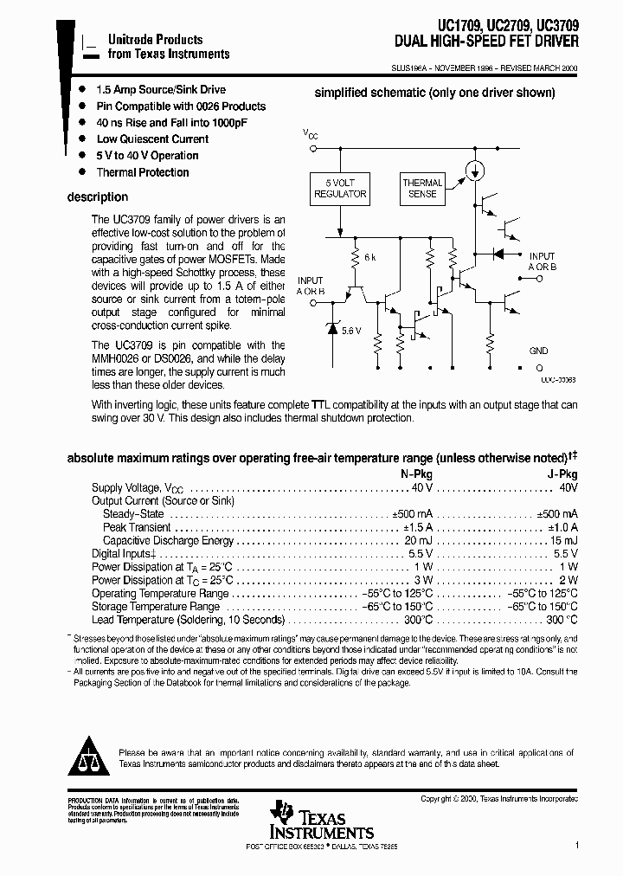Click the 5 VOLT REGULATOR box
(338, 189)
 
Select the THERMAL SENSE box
(422, 189)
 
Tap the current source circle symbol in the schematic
(472, 169)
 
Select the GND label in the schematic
(539, 351)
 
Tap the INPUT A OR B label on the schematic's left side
(311, 287)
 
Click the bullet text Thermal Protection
(143, 172)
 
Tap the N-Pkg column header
(416, 474)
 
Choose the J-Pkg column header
(562, 474)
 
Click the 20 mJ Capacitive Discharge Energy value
(416, 541)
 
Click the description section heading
(98, 197)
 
